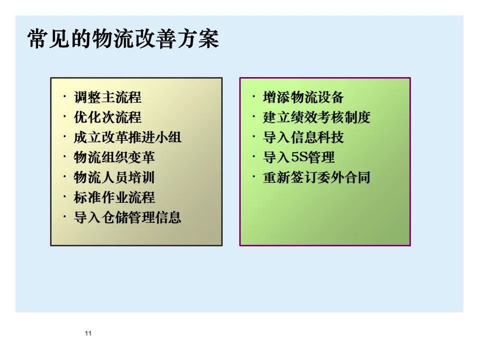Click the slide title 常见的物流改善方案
[124, 39]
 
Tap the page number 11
[89, 334]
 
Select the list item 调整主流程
[108, 97]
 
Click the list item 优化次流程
[108, 117]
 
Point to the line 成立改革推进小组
[128, 137]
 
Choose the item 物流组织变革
[115, 157]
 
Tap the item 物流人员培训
[115, 177]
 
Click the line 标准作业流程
[115, 197]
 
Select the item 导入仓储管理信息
[128, 217]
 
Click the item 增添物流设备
[303, 97]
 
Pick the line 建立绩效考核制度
[316, 117]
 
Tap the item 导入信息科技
[303, 137]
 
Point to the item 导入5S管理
[299, 158]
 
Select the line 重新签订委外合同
[316, 177]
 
